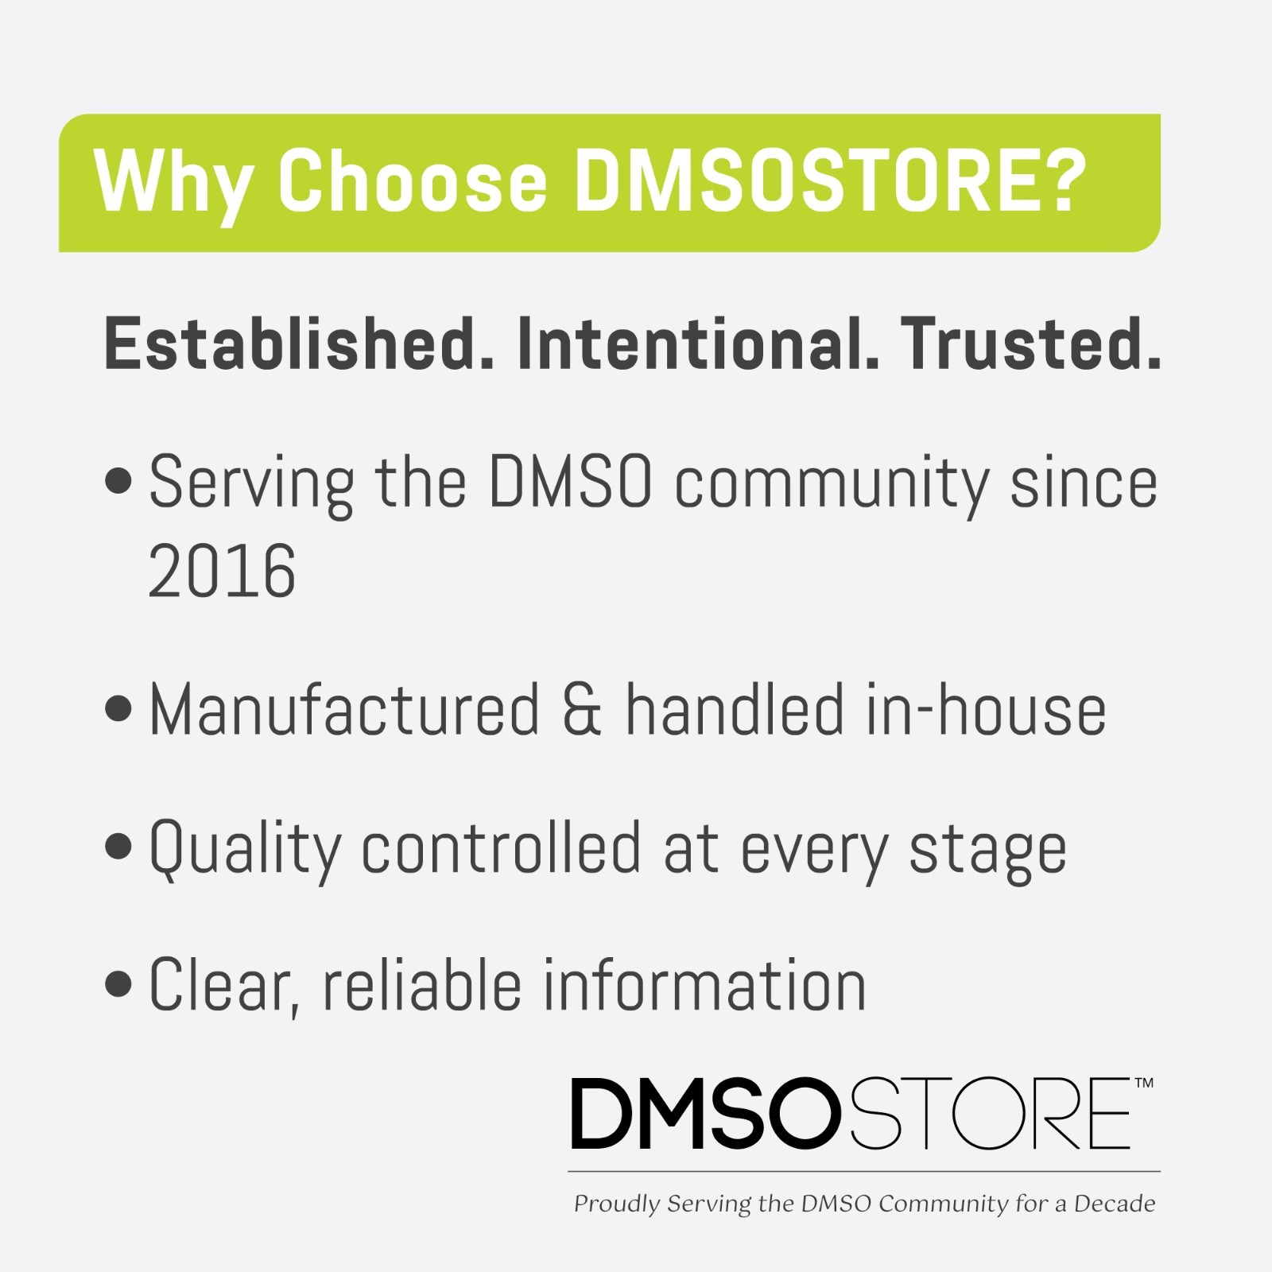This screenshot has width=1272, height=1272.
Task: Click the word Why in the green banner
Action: click(173, 183)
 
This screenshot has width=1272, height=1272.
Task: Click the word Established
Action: click(299, 343)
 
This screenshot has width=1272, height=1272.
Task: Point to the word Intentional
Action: click(698, 343)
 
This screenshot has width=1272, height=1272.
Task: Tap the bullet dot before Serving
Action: click(118, 482)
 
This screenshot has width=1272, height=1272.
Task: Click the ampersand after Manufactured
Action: click(582, 710)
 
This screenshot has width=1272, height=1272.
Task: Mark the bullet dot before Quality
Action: click(118, 847)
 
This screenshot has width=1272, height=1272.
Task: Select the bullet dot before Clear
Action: click(118, 983)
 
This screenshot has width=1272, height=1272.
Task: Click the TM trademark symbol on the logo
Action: click(1143, 1083)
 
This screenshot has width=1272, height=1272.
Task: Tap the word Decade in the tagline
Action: click(1115, 1204)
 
